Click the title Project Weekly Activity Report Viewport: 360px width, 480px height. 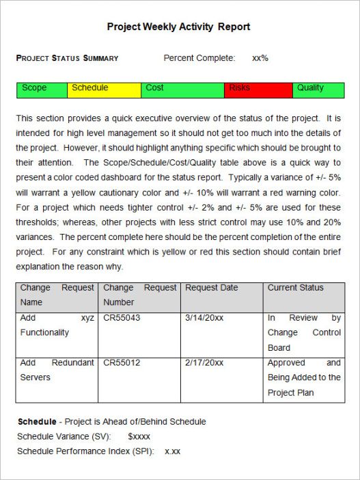178,27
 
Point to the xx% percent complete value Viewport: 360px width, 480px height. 260,58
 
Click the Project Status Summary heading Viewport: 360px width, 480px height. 67,58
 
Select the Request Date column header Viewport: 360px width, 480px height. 211,288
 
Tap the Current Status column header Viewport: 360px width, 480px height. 296,288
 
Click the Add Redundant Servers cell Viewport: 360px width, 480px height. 57,370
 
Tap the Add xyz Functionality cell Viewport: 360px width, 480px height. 57,325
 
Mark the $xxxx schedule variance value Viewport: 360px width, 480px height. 139,436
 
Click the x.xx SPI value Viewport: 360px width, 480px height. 173,451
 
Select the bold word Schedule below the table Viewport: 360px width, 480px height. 36,422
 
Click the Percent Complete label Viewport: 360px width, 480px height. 199,58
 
